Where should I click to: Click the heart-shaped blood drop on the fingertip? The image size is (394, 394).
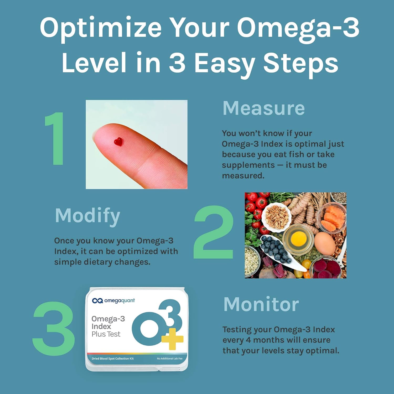click(118, 142)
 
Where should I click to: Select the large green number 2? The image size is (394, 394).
click(214, 232)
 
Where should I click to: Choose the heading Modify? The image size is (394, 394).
click(87, 216)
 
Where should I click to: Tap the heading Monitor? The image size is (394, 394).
click(261, 304)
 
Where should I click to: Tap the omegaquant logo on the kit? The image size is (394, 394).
click(113, 300)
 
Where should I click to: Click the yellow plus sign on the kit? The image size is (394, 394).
click(172, 339)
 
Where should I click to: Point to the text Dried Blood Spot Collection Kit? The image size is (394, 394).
click(112, 359)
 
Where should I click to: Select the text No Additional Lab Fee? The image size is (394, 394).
click(169, 359)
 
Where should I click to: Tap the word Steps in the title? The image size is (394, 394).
click(300, 63)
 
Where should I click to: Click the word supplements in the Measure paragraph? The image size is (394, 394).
click(248, 165)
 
